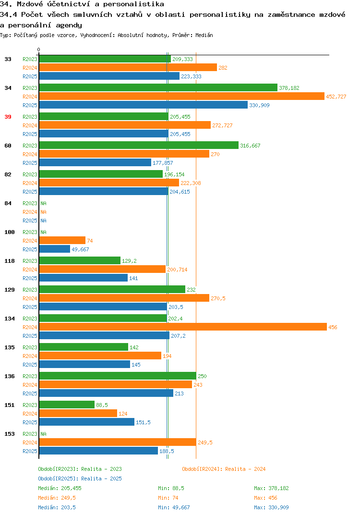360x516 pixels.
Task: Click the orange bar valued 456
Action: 183,327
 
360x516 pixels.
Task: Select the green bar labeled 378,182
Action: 158,87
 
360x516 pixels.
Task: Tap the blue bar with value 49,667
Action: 55,249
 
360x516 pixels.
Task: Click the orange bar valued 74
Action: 62,241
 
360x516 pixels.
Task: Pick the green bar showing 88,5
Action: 67,405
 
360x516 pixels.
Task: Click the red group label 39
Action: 8,117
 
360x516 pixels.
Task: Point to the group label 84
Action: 8,203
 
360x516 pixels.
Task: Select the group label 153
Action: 10,434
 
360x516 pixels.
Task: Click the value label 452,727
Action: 336,97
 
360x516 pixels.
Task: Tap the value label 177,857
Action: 163,163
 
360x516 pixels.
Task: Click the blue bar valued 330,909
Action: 144,105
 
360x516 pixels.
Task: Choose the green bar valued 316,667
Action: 139,145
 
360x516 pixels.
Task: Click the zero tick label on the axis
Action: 38,49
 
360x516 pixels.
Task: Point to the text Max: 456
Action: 265,498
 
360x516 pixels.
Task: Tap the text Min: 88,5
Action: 171,488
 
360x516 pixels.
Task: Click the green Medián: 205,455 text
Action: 60,488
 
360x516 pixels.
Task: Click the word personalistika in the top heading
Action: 133,4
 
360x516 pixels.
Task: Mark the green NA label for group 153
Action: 43,434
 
